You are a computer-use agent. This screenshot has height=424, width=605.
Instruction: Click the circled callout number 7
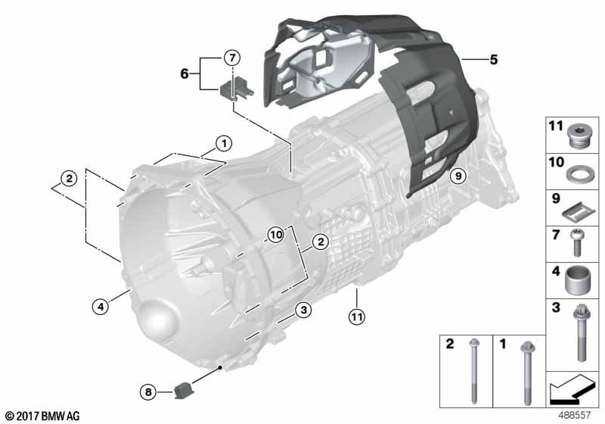(232, 58)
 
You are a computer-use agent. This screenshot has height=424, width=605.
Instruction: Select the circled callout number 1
(224, 144)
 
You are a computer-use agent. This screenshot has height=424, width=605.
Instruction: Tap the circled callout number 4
(101, 307)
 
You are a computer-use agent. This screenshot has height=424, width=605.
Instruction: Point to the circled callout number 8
(148, 392)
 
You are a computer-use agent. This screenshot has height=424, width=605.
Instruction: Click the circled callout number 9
(458, 176)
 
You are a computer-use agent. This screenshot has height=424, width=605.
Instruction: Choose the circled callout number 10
(276, 235)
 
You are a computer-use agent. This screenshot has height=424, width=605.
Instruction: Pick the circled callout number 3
(304, 310)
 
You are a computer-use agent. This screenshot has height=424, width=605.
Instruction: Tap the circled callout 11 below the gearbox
(356, 317)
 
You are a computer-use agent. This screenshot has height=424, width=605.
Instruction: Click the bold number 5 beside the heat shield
(494, 60)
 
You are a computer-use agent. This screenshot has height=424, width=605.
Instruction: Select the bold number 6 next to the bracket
(185, 73)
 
